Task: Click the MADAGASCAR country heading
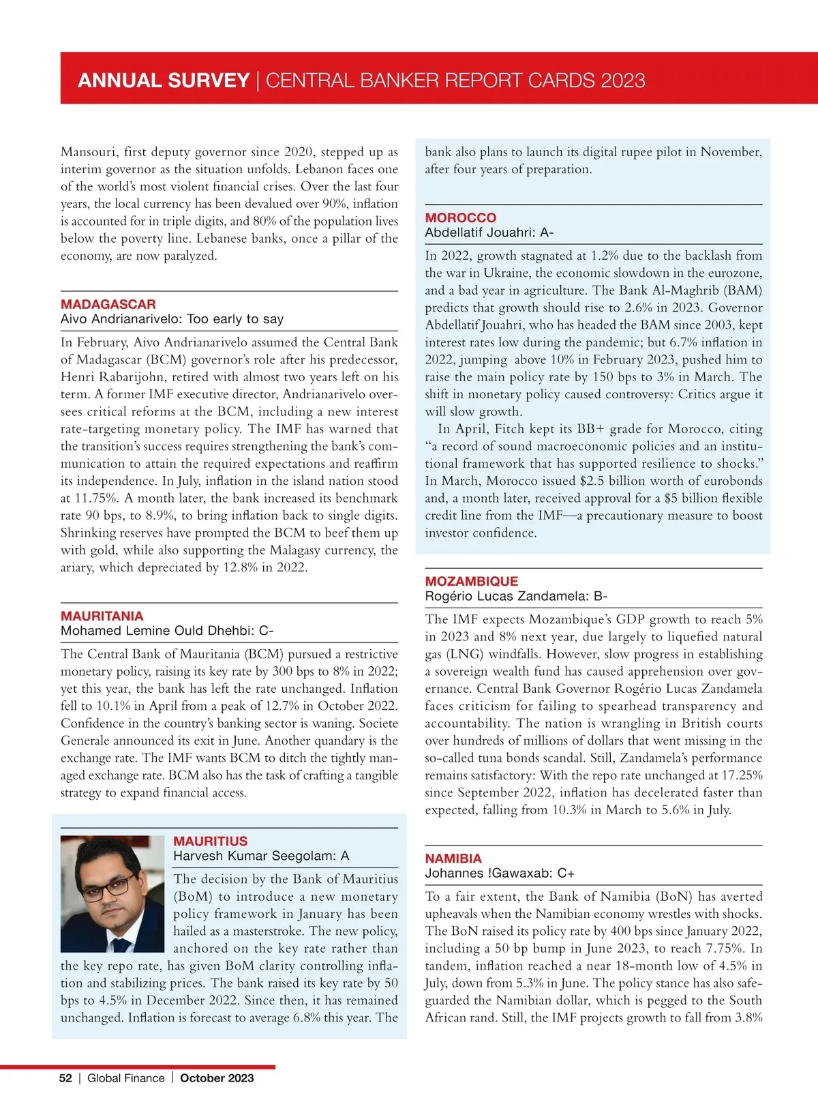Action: pyautogui.click(x=108, y=304)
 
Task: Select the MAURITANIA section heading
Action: pyautogui.click(x=102, y=616)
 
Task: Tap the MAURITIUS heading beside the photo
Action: pyautogui.click(x=211, y=841)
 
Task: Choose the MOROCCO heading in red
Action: pyautogui.click(x=461, y=218)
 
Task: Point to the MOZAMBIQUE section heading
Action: pyautogui.click(x=472, y=581)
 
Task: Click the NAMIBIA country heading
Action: pyautogui.click(x=453, y=858)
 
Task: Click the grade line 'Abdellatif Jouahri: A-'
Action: pyautogui.click(x=489, y=233)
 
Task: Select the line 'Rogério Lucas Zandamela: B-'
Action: pyautogui.click(x=516, y=596)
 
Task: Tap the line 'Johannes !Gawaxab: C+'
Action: pyautogui.click(x=500, y=873)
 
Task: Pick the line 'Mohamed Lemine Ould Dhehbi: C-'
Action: pyautogui.click(x=167, y=631)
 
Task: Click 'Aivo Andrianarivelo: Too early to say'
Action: pyautogui.click(x=172, y=319)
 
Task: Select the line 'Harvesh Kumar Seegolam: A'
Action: pyautogui.click(x=261, y=856)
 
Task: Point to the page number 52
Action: pyautogui.click(x=65, y=1078)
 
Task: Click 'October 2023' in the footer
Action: pyautogui.click(x=217, y=1078)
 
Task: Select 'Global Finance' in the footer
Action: pyautogui.click(x=126, y=1078)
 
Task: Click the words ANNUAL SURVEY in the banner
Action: pyautogui.click(x=164, y=80)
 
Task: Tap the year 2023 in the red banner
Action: pyautogui.click(x=623, y=80)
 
